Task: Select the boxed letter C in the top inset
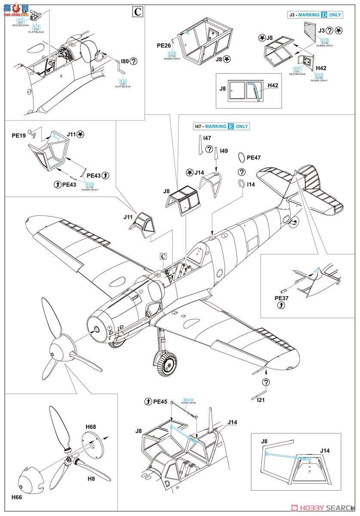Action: (x=137, y=12)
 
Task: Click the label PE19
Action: (x=19, y=135)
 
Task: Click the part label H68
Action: (x=91, y=427)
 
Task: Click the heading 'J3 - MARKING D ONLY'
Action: (x=315, y=15)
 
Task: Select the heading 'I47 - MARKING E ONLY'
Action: (x=221, y=126)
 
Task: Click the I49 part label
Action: (x=224, y=151)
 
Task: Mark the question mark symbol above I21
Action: (x=266, y=382)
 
